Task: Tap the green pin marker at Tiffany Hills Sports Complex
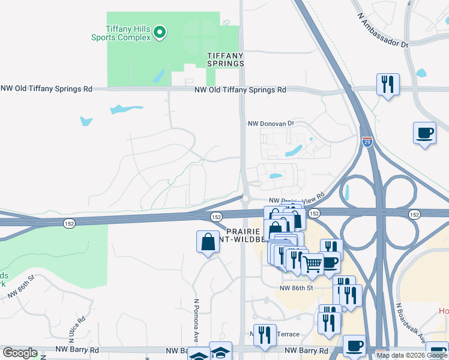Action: coord(160,32)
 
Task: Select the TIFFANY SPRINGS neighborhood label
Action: coord(226,59)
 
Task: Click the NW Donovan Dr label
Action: coord(271,124)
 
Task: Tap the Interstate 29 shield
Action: coord(367,142)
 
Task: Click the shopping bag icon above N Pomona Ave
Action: coord(208,242)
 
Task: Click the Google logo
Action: coord(20,353)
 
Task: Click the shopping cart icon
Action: coord(313,264)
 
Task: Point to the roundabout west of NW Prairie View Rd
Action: coord(245,198)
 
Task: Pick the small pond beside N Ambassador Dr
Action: coord(420,74)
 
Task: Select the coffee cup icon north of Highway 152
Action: coord(425,133)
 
